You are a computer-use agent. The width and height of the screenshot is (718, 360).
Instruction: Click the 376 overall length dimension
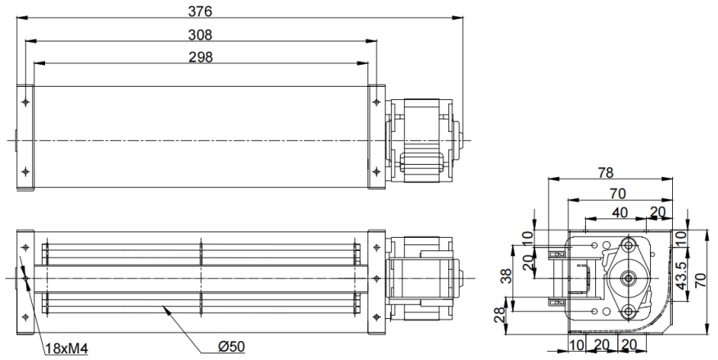click(200, 11)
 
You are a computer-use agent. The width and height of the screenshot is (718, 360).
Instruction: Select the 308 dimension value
click(200, 34)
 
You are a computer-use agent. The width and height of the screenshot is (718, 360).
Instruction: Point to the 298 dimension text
click(201, 57)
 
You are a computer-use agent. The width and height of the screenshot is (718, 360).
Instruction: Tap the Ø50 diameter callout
click(231, 347)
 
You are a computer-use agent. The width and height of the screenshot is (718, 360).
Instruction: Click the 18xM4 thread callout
click(67, 349)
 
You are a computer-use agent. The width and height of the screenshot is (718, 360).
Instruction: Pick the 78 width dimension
click(606, 173)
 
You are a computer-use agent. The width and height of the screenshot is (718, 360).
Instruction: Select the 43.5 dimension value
click(682, 276)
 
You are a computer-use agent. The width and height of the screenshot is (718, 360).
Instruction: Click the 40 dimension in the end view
click(620, 212)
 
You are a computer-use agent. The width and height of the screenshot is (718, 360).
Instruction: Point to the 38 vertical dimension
click(506, 276)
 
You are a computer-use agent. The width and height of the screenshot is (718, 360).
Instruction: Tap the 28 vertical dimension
click(501, 316)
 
